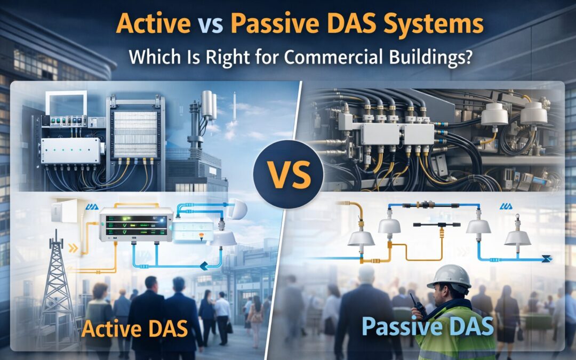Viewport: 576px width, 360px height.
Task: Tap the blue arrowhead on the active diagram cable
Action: [x=204, y=266]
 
